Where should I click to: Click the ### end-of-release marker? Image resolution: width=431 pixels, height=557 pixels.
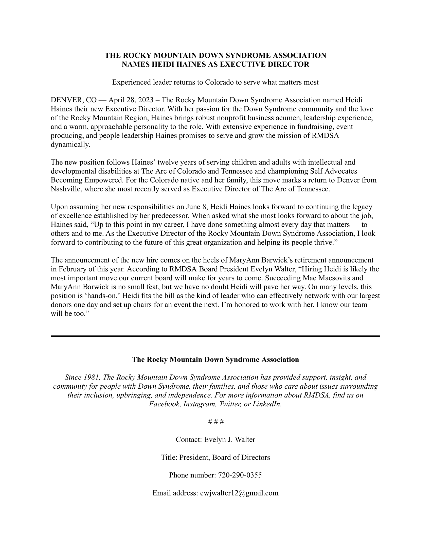click(216, 422)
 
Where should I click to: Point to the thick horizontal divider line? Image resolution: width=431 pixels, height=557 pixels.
click(215, 336)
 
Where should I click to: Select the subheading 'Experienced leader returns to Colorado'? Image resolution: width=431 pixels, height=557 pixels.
click(215, 82)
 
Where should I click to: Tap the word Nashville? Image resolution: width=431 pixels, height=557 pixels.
click(65, 189)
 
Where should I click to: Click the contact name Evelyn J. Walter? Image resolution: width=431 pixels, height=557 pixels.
click(229, 440)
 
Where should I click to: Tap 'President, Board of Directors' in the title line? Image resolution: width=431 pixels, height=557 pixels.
click(224, 457)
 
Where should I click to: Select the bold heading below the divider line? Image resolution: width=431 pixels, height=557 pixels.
click(215, 359)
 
